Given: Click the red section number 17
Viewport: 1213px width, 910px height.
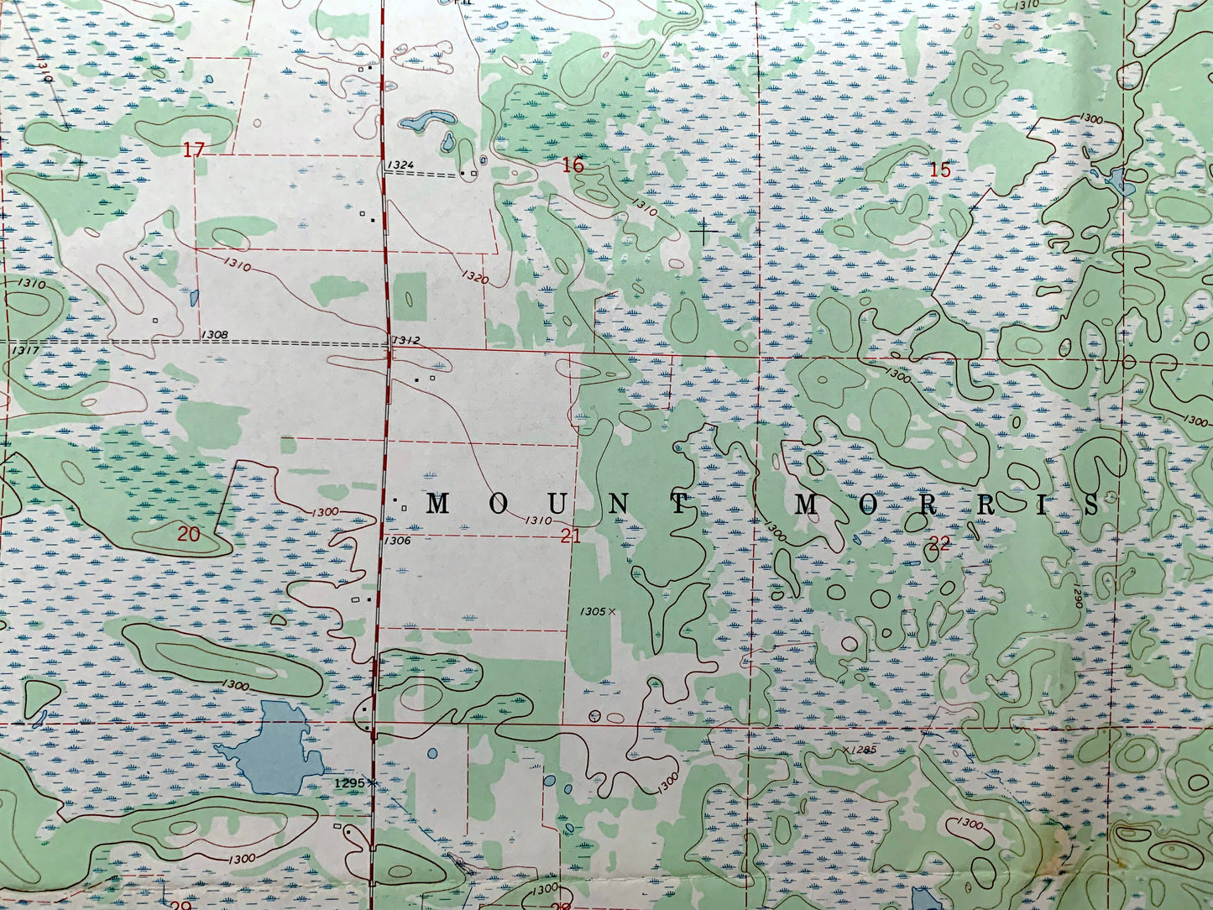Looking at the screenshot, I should (194, 150).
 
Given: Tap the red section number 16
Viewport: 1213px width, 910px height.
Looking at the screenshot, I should (573, 165).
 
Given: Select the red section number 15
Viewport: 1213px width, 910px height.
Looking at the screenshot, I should (940, 170).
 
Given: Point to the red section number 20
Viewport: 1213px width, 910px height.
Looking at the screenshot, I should (189, 534).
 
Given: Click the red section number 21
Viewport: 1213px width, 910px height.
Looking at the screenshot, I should (571, 536).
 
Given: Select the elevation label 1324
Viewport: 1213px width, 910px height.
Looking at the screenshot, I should (400, 165).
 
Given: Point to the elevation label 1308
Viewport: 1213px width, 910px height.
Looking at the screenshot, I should (214, 335).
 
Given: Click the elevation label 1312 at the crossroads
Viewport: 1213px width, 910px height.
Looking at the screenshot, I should (405, 340).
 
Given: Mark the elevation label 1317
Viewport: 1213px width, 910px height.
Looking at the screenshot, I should (25, 350).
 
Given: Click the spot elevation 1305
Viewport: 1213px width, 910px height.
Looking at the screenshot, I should (592, 612).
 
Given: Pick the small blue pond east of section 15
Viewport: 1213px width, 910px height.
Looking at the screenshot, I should (1116, 180).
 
